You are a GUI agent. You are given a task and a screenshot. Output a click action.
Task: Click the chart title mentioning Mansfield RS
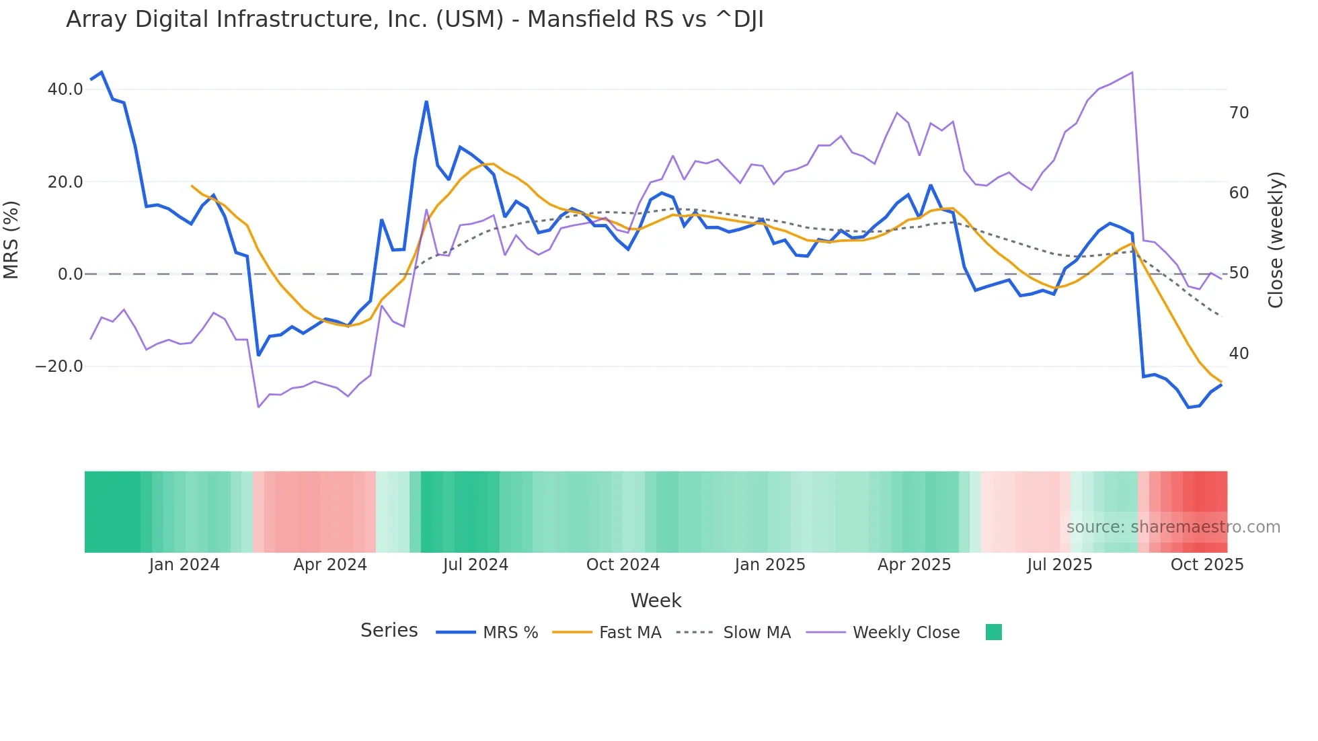tap(414, 19)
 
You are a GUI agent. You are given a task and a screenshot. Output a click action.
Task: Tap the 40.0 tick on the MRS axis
tap(65, 89)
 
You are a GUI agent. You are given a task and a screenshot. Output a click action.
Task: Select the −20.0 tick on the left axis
tap(59, 366)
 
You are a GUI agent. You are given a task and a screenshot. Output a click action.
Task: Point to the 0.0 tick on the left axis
tap(70, 274)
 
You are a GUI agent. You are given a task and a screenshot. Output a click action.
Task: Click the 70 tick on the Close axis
tap(1239, 113)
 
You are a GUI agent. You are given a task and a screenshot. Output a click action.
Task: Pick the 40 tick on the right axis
tap(1239, 354)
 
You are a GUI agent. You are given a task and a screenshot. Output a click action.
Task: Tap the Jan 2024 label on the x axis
tap(184, 565)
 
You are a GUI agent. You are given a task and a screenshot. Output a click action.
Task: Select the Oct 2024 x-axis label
tap(623, 565)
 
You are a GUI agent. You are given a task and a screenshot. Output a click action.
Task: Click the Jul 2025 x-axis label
tap(1059, 565)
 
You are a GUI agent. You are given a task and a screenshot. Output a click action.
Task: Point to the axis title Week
tap(656, 600)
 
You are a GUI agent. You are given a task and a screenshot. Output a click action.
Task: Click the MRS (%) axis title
tap(11, 239)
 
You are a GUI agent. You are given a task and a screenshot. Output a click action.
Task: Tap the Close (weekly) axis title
tap(1276, 239)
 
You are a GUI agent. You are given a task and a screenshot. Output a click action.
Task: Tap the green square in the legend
tap(993, 632)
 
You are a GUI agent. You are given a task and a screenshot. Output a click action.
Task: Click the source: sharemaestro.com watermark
tap(1173, 527)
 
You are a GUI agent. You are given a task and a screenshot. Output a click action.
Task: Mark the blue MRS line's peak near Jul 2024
tap(426, 102)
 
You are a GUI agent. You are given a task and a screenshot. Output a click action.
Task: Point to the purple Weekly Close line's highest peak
tap(1132, 73)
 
